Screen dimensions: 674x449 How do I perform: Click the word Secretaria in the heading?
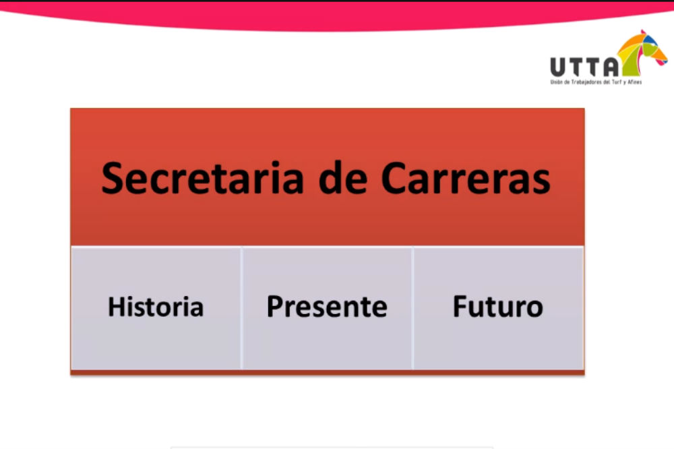click(x=202, y=178)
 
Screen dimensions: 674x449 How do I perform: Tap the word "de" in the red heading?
click(x=343, y=178)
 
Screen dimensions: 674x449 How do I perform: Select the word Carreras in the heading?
click(x=466, y=178)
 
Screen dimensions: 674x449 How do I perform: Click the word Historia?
click(x=156, y=307)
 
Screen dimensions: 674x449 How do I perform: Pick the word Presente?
click(x=327, y=307)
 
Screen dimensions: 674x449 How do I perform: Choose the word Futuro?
click(x=498, y=307)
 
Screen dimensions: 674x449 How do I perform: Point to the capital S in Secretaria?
click(x=113, y=178)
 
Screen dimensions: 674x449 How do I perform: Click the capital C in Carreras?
click(x=394, y=178)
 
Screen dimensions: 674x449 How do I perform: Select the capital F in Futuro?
click(x=460, y=307)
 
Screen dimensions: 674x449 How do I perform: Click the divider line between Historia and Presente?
click(x=241, y=308)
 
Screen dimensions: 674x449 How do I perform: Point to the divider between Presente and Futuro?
click(x=412, y=308)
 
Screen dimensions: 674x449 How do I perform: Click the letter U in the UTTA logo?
click(x=558, y=67)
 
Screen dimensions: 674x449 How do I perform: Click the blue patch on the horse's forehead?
click(x=650, y=40)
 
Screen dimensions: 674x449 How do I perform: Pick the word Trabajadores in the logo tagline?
click(x=587, y=82)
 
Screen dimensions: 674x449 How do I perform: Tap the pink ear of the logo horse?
click(x=643, y=32)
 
